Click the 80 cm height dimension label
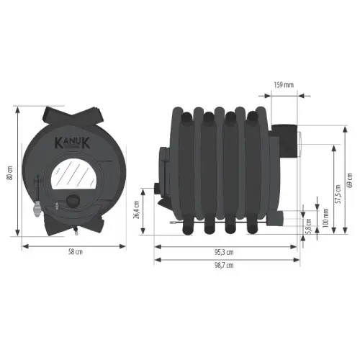pyautogui.click(x=10, y=173)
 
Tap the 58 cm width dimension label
pyautogui.click(x=76, y=252)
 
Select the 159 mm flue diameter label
pyautogui.click(x=284, y=85)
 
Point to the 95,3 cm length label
pyautogui.click(x=224, y=252)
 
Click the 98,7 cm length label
pyautogui.click(x=224, y=265)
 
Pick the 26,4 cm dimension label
pyautogui.click(x=136, y=210)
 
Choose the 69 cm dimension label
pyautogui.click(x=350, y=180)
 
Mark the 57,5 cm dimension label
pyautogui.click(x=338, y=194)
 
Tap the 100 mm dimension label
pyautogui.click(x=325, y=218)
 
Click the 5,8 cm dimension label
pyautogui.click(x=309, y=226)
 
